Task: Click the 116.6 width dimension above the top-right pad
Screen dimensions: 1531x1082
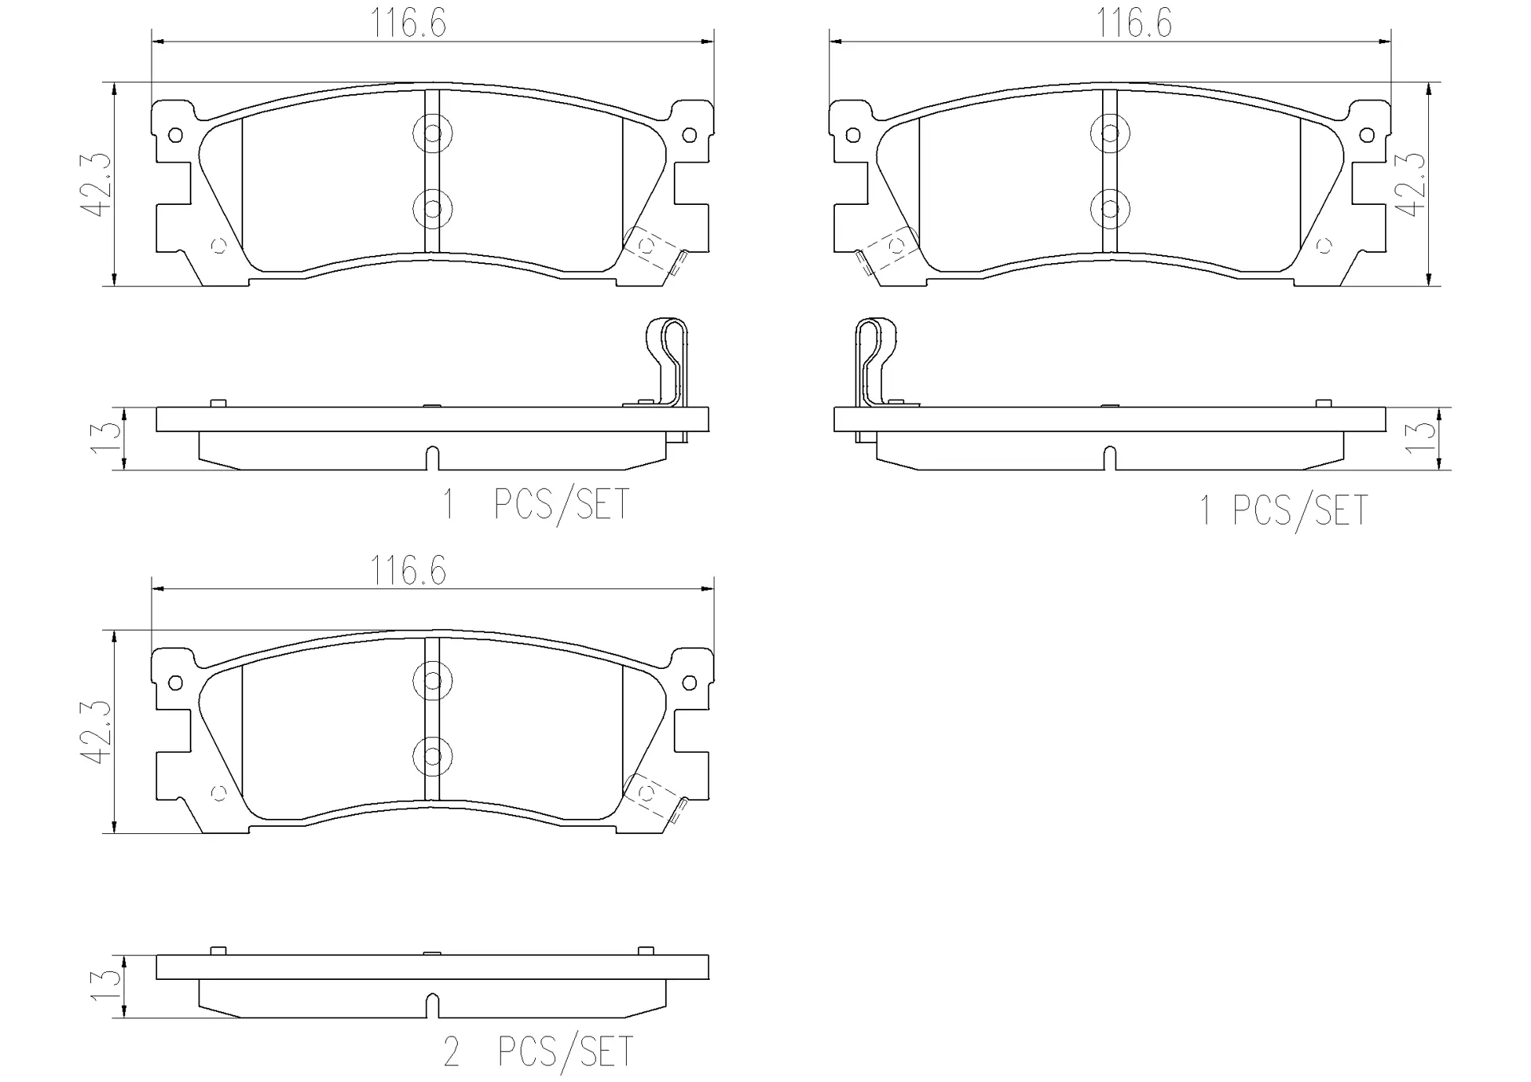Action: [x=1135, y=24]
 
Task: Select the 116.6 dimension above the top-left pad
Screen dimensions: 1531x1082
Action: [x=407, y=24]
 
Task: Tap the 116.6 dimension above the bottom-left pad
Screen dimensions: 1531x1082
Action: [x=407, y=571]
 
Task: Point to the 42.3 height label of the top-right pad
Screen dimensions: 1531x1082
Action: [x=1412, y=184]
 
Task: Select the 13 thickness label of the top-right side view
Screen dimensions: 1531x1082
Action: [x=1423, y=439]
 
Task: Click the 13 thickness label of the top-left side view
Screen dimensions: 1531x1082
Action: [x=106, y=439]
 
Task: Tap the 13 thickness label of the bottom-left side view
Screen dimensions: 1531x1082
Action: [x=106, y=986]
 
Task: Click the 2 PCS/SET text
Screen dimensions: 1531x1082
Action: [x=538, y=1052]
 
